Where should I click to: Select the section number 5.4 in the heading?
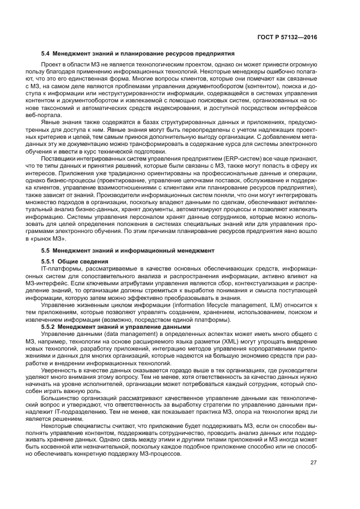[46, 54]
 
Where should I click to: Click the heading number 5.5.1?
[50, 262]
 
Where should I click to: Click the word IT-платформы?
[59, 268]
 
